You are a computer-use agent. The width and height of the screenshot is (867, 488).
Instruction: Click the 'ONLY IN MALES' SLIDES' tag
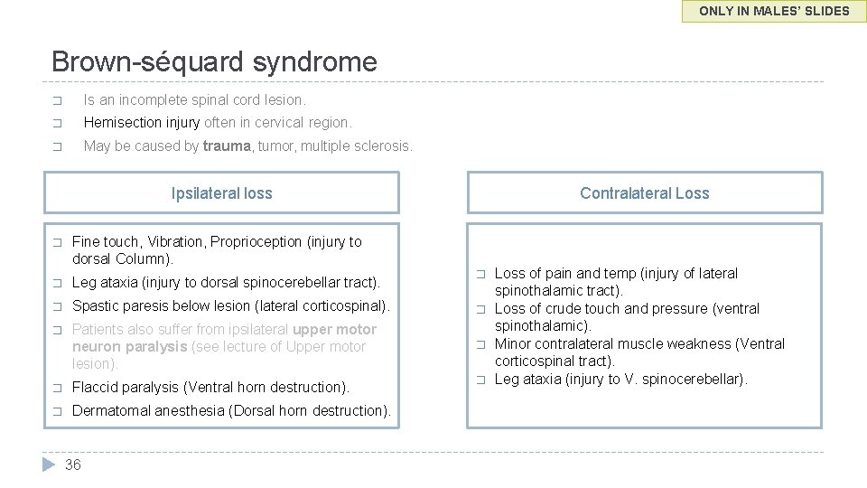[774, 12]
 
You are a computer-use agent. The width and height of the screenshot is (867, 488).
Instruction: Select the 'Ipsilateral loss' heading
[221, 193]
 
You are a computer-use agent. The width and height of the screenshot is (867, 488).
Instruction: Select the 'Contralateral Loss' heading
[644, 193]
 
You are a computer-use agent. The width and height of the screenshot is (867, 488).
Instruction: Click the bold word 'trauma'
[228, 145]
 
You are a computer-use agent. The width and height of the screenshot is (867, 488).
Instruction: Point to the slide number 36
[73, 465]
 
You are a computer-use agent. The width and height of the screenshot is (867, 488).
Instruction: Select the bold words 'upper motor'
[334, 329]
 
